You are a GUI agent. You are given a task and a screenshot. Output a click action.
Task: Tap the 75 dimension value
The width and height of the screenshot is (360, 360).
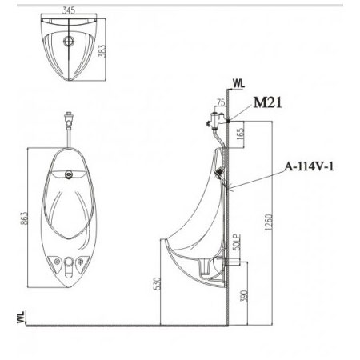click(x=220, y=102)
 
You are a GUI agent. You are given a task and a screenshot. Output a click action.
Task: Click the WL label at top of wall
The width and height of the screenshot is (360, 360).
click(x=237, y=82)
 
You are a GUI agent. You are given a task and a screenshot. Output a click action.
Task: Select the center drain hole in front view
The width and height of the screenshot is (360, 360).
click(x=70, y=263)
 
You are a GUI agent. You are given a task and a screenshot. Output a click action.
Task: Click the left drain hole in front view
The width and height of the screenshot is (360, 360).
click(x=55, y=261)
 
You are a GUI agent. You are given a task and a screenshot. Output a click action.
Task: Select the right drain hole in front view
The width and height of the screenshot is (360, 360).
click(x=86, y=261)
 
